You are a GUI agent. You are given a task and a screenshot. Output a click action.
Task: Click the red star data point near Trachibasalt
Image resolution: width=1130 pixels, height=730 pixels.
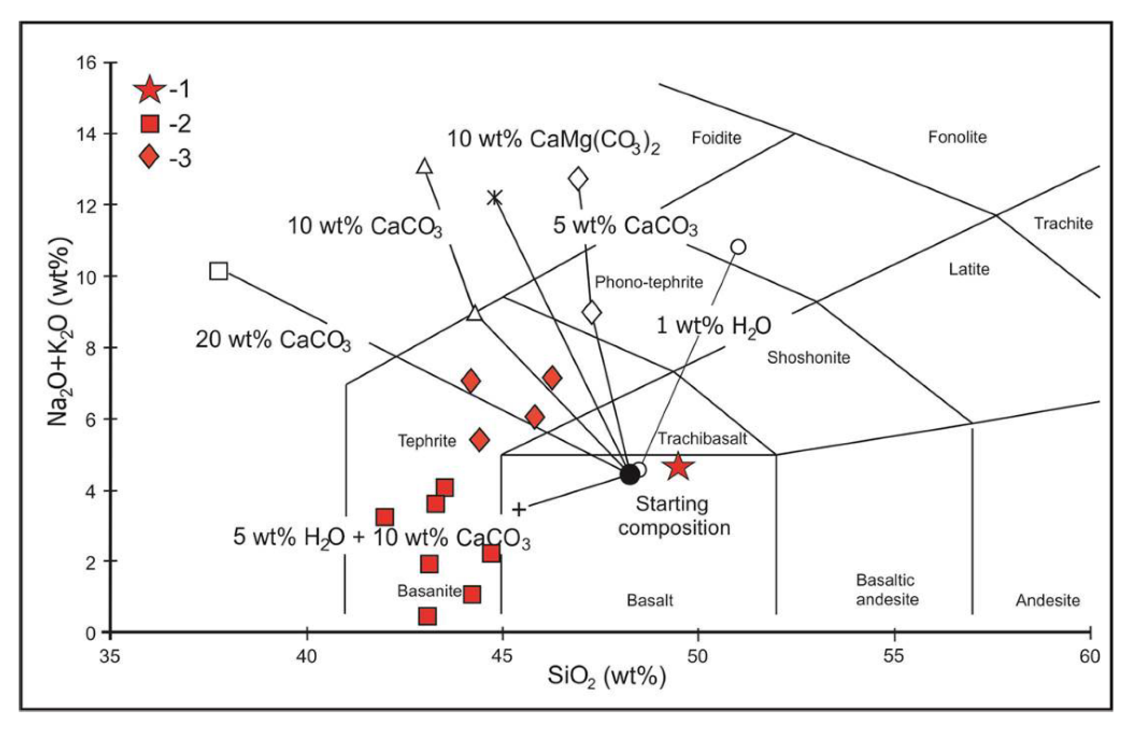(x=678, y=466)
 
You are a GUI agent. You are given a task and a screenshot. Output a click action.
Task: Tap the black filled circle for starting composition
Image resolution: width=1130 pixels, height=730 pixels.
(x=629, y=474)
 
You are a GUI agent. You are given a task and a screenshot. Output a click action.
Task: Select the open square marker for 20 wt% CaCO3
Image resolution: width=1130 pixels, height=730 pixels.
(x=219, y=271)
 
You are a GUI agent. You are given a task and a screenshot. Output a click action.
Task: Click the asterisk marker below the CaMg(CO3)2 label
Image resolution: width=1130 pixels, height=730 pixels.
(x=494, y=197)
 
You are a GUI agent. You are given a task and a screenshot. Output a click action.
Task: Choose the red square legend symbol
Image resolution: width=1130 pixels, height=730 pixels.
(x=150, y=124)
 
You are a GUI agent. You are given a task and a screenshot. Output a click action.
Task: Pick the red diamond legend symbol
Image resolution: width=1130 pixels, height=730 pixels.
(x=149, y=157)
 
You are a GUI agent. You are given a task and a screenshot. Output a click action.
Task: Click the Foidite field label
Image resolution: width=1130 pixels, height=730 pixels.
(x=716, y=138)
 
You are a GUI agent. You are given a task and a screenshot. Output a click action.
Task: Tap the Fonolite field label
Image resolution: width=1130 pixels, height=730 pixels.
(x=957, y=137)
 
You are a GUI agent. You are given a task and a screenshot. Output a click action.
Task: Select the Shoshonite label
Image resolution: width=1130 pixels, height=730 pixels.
(x=808, y=358)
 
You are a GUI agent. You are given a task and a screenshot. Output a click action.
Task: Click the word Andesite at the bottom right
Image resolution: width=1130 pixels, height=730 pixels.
(x=1048, y=601)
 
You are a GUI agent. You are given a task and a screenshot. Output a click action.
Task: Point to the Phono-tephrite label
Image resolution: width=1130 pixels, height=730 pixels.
(x=648, y=282)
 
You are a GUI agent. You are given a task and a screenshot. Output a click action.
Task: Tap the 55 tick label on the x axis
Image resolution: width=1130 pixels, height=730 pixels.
(x=894, y=656)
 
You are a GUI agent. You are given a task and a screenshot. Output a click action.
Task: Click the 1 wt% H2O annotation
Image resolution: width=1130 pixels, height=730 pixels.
(x=713, y=326)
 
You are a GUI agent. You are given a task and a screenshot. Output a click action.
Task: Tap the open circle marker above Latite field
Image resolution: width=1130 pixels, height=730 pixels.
(x=738, y=247)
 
